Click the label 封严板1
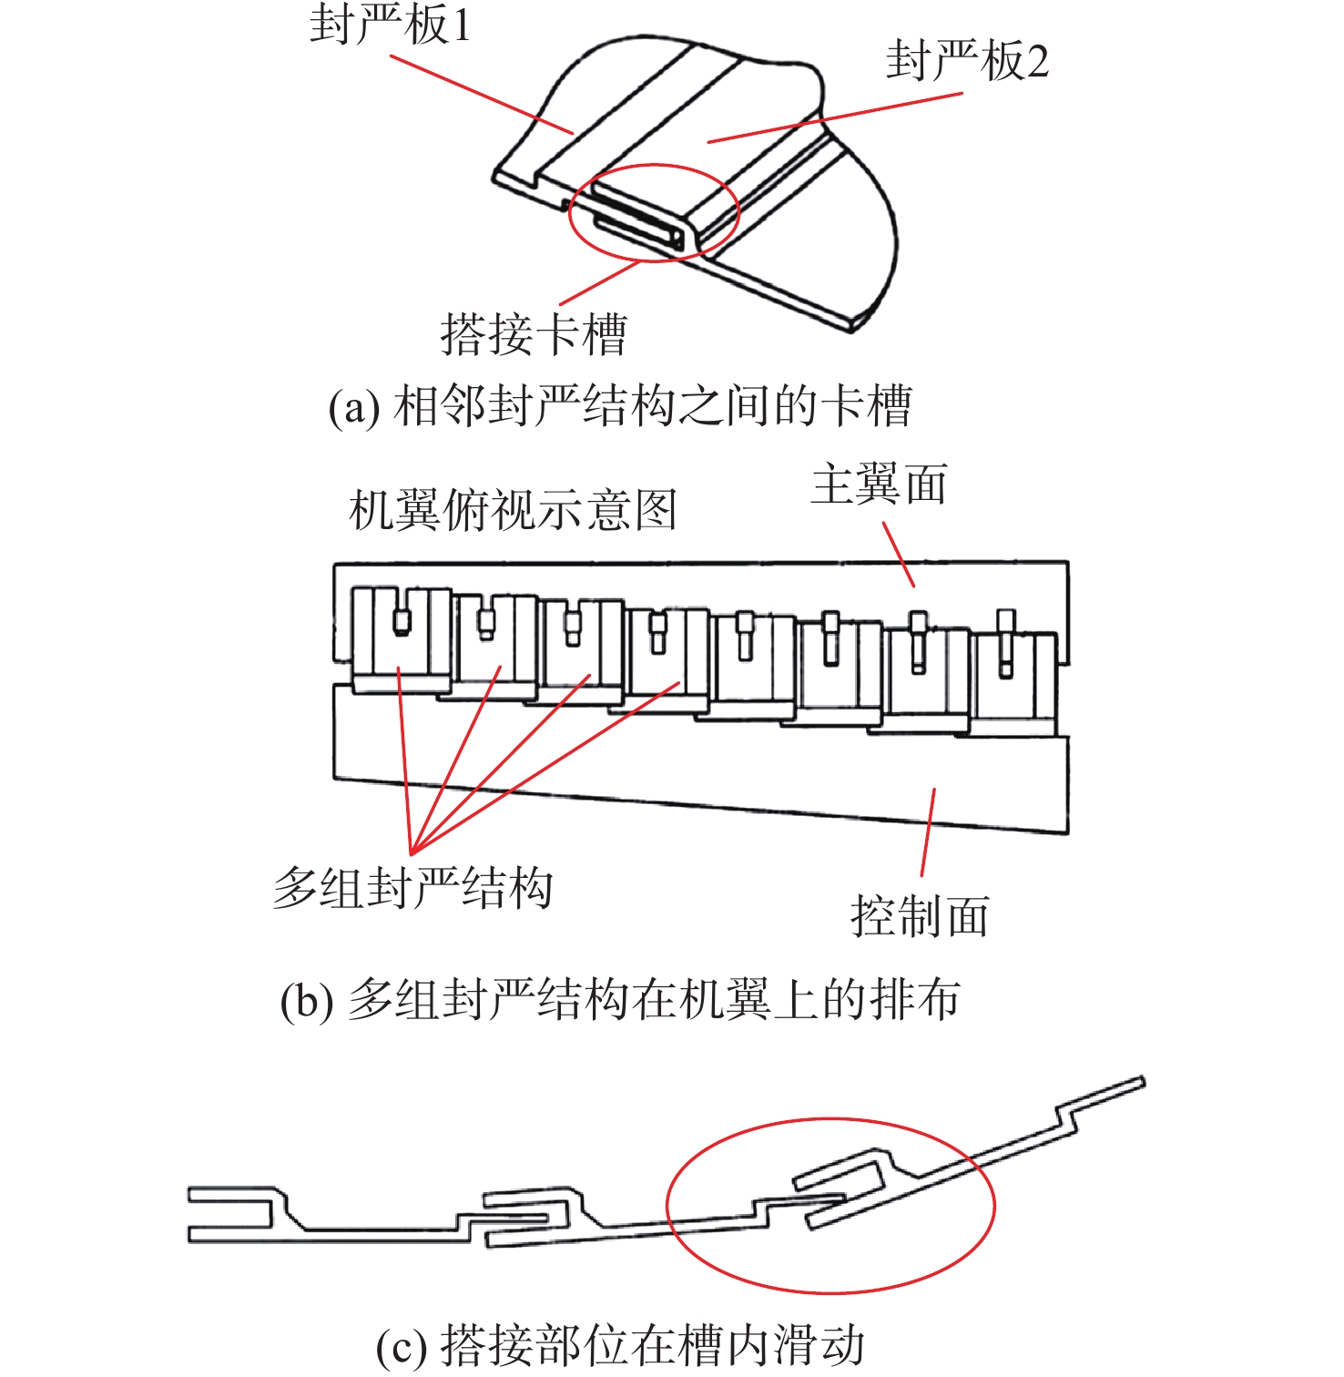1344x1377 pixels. coord(391,25)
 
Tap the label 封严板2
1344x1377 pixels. coord(967,61)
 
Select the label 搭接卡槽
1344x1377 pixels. coord(534,334)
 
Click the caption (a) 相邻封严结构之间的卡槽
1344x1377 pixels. coord(620,406)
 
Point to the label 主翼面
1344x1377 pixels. coord(879,484)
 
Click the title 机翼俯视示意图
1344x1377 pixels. coord(513,510)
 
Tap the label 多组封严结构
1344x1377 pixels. coord(412,888)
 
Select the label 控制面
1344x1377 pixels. coord(920,916)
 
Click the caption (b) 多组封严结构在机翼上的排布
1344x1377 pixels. coord(620,1000)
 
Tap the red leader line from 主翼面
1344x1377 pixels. coord(899,555)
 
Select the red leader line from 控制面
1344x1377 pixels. coord(928,832)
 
